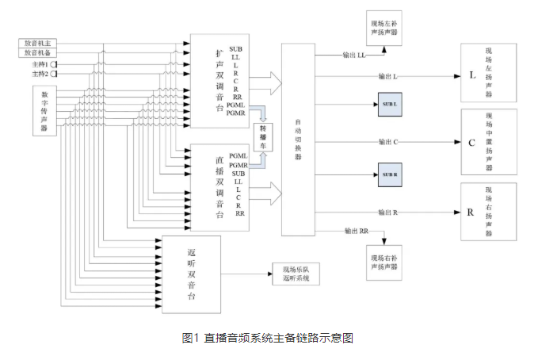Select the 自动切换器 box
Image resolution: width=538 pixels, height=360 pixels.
(299, 140)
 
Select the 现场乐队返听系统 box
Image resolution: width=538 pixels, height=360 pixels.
(295, 274)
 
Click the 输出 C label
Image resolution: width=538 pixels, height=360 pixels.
(387, 141)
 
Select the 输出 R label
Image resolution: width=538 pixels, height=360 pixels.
(387, 212)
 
